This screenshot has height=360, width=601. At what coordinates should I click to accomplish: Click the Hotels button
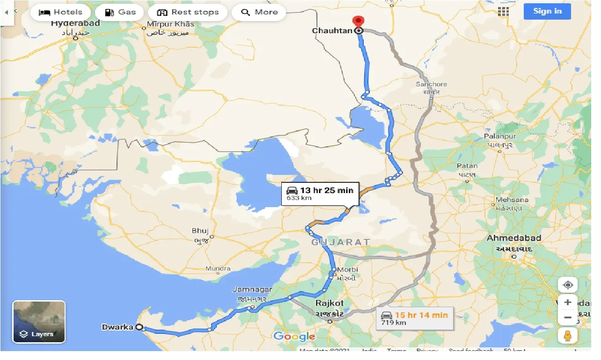pos(60,12)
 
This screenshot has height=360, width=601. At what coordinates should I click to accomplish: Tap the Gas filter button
pos(120,12)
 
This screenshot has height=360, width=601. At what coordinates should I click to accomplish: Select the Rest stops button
pos(188,12)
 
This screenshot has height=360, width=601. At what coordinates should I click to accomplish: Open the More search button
pos(259,12)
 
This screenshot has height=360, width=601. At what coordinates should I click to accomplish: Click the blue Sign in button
pos(547,11)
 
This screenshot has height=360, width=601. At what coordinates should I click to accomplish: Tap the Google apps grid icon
pos(503,12)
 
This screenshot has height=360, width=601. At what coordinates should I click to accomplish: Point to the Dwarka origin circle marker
pos(139,328)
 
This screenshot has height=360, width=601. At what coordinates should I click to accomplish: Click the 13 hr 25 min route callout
pos(320,193)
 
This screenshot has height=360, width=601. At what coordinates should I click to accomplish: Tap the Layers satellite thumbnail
pos(39,322)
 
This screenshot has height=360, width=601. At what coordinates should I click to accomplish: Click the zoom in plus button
pos(568,302)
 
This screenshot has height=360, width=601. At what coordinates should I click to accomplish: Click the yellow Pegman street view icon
pos(568,336)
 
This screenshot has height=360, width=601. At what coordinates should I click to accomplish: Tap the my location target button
pos(568,285)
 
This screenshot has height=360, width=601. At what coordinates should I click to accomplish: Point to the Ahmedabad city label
pos(513,238)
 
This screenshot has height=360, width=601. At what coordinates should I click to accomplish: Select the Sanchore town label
pos(431,85)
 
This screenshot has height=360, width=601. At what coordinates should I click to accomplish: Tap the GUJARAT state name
pos(341,242)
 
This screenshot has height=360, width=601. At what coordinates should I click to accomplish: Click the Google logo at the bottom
pos(294,336)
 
